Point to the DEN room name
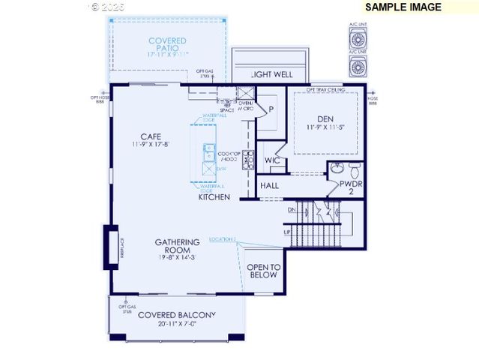click(325, 118)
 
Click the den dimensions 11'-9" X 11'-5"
click(325, 127)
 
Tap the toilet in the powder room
click(355, 168)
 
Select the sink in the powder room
click(337, 168)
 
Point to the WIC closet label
click(272, 160)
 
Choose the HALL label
click(270, 185)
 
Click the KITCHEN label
click(214, 198)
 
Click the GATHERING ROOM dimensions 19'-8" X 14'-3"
click(178, 257)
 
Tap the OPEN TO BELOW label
click(264, 271)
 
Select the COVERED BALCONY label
click(176, 314)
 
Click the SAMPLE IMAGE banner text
click(403, 7)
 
